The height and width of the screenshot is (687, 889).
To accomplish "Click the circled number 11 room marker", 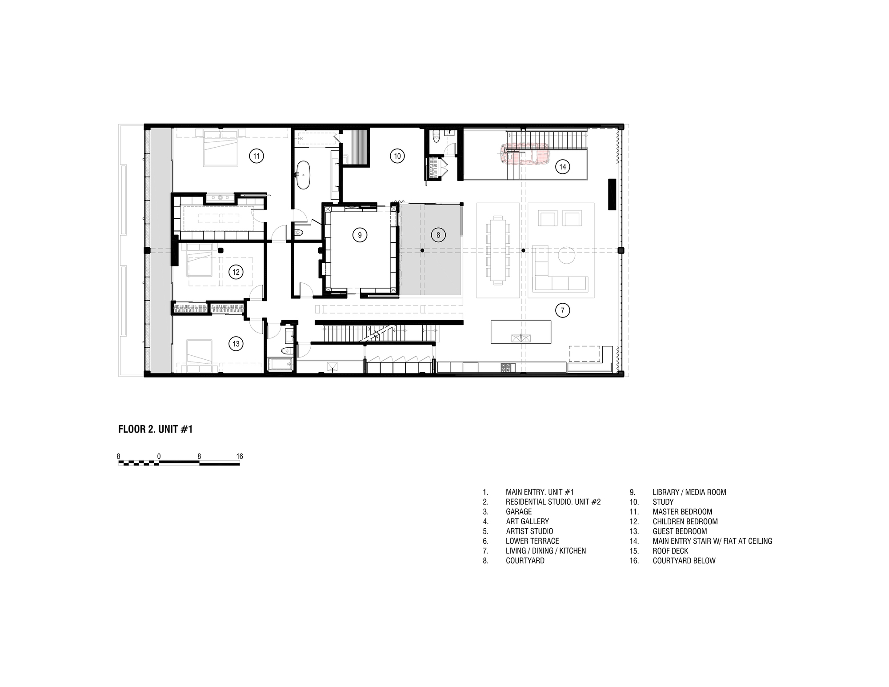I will pyautogui.click(x=256, y=156).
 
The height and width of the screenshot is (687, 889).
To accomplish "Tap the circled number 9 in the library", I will pyautogui.click(x=360, y=235).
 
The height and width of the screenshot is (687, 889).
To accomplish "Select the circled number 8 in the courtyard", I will pyautogui.click(x=438, y=235).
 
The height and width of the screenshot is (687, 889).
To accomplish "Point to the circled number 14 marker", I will pyautogui.click(x=563, y=167).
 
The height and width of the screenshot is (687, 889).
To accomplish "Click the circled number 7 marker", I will pyautogui.click(x=562, y=310).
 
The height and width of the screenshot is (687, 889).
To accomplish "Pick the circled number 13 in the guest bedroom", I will pyautogui.click(x=236, y=343).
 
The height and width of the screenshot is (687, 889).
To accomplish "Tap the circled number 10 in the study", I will pyautogui.click(x=397, y=156).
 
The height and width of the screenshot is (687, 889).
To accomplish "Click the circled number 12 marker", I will pyautogui.click(x=236, y=272).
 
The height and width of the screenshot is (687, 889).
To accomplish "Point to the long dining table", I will pyautogui.click(x=498, y=250).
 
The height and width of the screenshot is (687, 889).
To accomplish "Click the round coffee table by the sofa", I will pyautogui.click(x=567, y=256).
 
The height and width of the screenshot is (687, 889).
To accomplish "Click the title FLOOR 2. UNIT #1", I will pyautogui.click(x=155, y=429).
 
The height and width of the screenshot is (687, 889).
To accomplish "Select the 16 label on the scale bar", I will pyautogui.click(x=240, y=457).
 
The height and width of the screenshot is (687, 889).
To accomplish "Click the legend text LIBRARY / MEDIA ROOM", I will pyautogui.click(x=689, y=492).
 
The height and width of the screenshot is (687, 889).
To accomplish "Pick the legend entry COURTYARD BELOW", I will pyautogui.click(x=684, y=561).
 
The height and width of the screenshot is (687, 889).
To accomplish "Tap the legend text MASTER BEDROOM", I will pyautogui.click(x=682, y=512).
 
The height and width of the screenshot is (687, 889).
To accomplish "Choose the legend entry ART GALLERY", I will pyautogui.click(x=527, y=522).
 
